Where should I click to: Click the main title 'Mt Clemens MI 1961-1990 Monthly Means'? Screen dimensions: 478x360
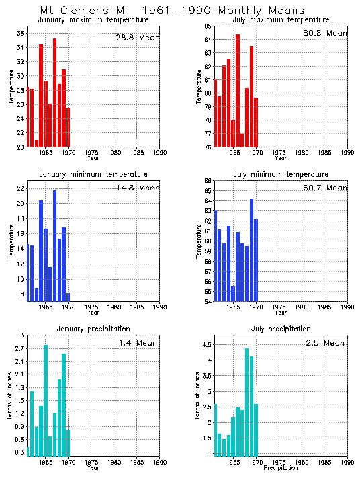click(172, 10)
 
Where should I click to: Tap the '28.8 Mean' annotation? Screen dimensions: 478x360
click(137, 38)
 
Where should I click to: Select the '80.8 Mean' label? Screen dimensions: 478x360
click(325, 33)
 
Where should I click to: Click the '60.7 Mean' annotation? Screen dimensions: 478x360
click(325, 188)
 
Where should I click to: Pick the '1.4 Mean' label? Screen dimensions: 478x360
click(137, 343)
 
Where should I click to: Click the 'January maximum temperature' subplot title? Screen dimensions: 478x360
click(93, 20)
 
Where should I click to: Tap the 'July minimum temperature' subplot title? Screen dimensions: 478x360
click(281, 174)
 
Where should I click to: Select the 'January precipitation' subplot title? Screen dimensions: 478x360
click(93, 329)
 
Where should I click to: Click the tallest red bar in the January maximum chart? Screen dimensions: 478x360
click(54, 92)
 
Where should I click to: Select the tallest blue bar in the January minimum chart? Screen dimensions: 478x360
click(54, 245)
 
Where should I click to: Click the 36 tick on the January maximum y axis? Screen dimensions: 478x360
click(21, 33)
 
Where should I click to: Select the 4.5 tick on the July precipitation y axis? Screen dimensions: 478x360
click(208, 345)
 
